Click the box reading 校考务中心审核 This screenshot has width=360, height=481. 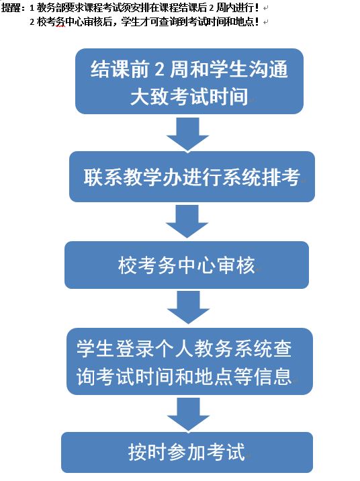[x=187, y=265]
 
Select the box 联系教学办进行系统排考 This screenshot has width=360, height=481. [x=192, y=177]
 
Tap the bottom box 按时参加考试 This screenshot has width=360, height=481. [x=187, y=453]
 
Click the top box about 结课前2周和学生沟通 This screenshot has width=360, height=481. [x=189, y=81]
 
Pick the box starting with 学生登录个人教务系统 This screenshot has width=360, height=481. [x=189, y=361]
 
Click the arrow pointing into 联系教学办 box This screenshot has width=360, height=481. [x=187, y=134]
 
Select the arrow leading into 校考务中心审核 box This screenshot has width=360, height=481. [x=187, y=222]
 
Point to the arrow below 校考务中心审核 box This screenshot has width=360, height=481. [x=188, y=308]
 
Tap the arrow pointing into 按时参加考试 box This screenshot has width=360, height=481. [x=188, y=414]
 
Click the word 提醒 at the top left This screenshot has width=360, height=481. [x=11, y=7]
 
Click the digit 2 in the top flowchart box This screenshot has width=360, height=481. [x=159, y=69]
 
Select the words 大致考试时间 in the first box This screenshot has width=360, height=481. [x=189, y=97]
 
